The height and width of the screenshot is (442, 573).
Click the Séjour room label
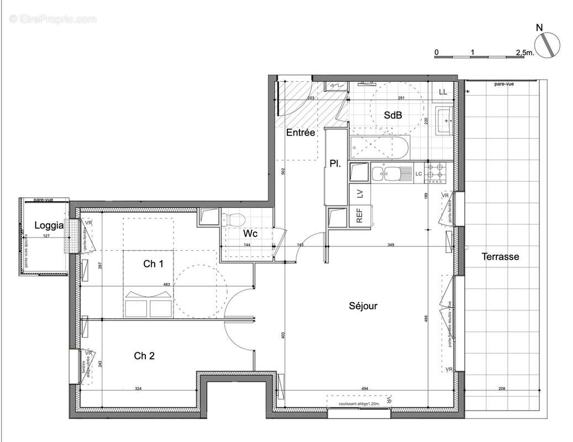coord(363,306)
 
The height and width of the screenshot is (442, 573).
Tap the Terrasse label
coord(500,256)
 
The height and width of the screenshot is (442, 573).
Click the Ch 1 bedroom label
coord(153,264)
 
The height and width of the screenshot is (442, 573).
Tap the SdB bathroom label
coord(393,115)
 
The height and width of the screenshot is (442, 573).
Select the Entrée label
coord(300,133)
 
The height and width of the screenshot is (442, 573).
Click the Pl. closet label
coord(334,164)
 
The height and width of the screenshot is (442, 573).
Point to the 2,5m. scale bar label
coord(524,52)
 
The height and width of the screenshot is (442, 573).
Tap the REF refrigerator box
coord(359,216)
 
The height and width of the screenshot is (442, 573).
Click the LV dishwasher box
coord(359,193)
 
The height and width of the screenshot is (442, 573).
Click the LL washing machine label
coord(443,92)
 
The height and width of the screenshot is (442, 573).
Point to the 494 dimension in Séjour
coord(364,389)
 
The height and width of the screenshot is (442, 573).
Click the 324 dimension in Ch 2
coord(138,389)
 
